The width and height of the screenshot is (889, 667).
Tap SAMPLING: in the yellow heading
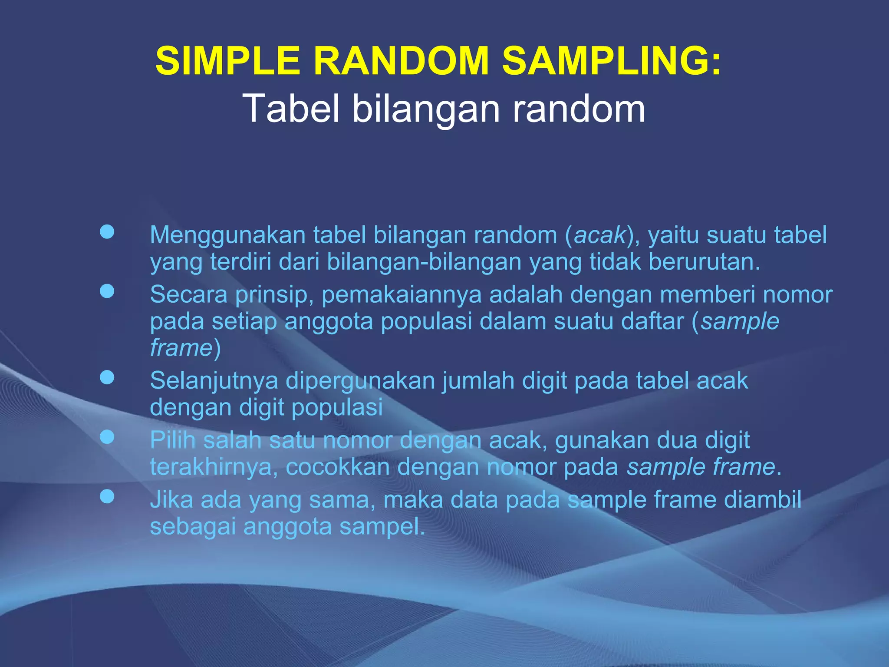612,61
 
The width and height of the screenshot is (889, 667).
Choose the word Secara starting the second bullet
188,294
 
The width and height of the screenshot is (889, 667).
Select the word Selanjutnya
214,381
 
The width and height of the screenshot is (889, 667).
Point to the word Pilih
173,440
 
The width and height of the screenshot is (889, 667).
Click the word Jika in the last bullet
171,500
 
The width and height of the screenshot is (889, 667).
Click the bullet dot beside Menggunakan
107,232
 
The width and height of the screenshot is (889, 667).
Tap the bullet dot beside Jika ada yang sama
107,496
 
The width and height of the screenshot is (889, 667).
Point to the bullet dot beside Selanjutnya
107,378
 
